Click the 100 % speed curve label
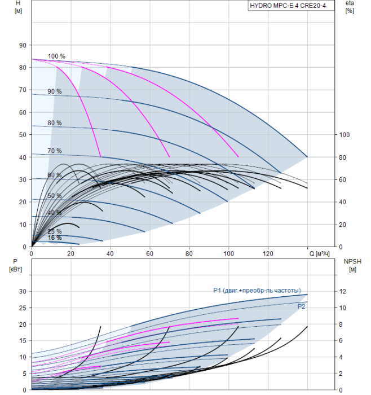[x=56, y=56]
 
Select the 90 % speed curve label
[x=55, y=91]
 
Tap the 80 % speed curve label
[x=55, y=123]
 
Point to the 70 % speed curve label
[x=55, y=151]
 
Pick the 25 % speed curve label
[x=55, y=232]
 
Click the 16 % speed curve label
[x=55, y=238]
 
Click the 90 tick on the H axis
[x=23, y=45]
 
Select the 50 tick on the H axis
[x=23, y=135]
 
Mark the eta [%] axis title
[x=350, y=7]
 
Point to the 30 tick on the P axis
[x=23, y=291]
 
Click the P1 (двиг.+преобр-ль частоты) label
[x=260, y=291]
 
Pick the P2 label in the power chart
[x=302, y=305]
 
